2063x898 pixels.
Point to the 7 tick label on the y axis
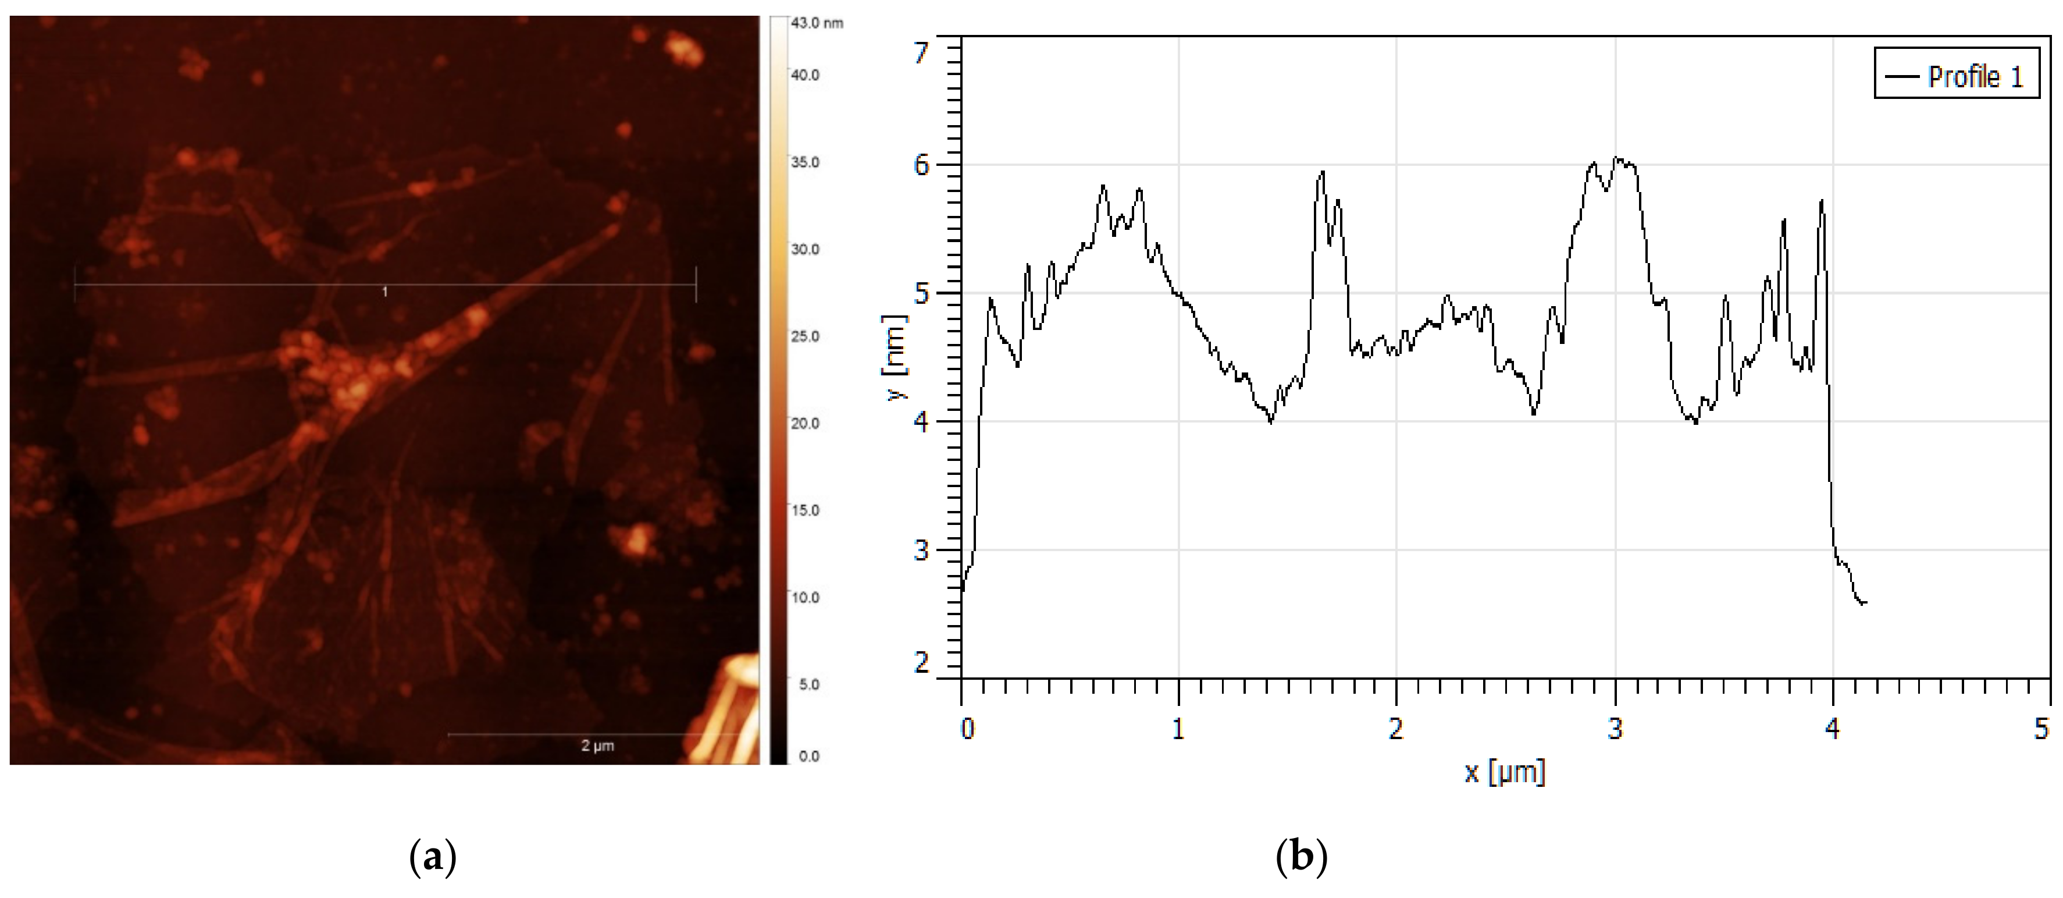(x=922, y=53)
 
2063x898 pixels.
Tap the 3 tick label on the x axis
(x=1615, y=729)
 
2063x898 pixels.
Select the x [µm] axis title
(x=1505, y=772)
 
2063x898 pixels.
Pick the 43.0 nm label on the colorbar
(x=816, y=23)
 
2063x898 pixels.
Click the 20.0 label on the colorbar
(x=805, y=423)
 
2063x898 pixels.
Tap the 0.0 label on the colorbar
(x=809, y=756)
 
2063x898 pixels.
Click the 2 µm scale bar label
(x=597, y=746)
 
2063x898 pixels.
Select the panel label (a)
(x=433, y=858)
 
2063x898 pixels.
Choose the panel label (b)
(x=1302, y=858)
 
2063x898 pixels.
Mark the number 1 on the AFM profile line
(x=385, y=292)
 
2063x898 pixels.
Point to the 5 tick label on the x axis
(x=2041, y=729)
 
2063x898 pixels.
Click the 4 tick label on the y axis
(x=922, y=422)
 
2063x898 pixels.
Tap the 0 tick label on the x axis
(x=967, y=729)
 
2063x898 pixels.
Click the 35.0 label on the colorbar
(x=805, y=162)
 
